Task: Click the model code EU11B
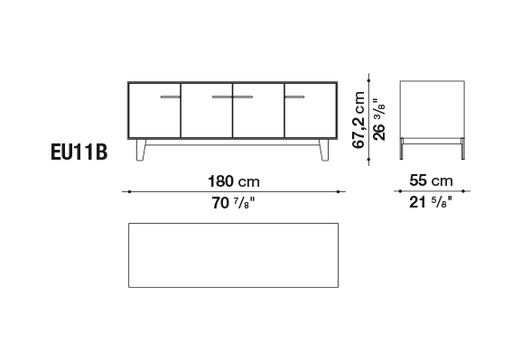pyautogui.click(x=79, y=152)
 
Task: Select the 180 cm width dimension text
pyautogui.click(x=234, y=181)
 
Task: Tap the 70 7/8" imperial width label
pyautogui.click(x=234, y=203)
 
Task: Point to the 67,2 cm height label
pyautogui.click(x=358, y=120)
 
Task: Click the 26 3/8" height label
pyautogui.click(x=379, y=120)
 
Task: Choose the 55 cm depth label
pyautogui.click(x=431, y=180)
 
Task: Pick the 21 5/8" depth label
pyautogui.click(x=431, y=202)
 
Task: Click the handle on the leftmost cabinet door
pyautogui.click(x=170, y=97)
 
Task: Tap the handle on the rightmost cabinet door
pyautogui.click(x=294, y=97)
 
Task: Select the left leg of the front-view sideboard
pyautogui.click(x=141, y=150)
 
